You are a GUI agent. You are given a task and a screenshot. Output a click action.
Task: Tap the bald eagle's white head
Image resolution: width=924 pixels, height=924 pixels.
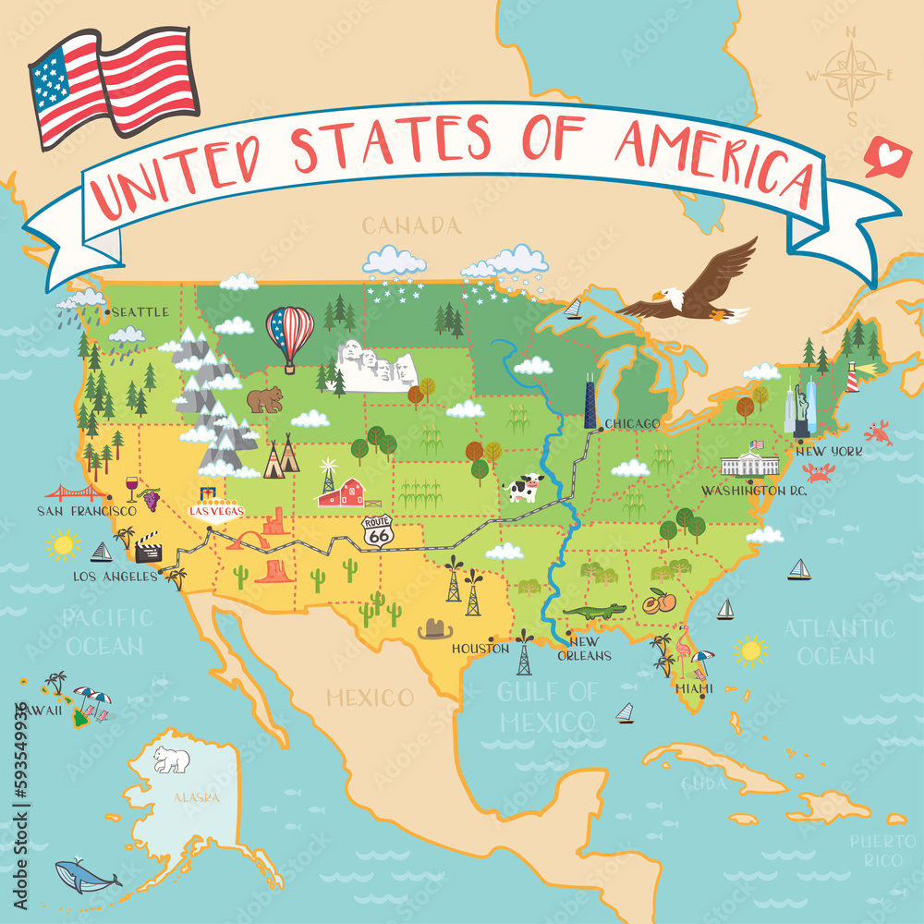(x=671, y=298)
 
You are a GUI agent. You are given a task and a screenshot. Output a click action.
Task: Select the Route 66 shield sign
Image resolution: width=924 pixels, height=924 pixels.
(x=376, y=529)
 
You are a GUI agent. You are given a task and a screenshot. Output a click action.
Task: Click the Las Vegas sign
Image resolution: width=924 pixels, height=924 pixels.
(x=216, y=507)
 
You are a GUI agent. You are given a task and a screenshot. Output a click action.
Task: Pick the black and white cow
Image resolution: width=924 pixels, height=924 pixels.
(x=524, y=487)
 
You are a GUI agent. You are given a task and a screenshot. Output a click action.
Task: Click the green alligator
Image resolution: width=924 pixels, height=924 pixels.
(x=593, y=612)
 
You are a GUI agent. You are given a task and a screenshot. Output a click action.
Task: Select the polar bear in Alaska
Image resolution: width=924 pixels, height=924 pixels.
(x=172, y=760)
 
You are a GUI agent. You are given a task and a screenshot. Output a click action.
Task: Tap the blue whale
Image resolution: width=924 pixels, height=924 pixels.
(x=85, y=873)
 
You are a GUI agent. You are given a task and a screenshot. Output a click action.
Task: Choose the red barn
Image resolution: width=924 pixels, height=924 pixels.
(x=341, y=492)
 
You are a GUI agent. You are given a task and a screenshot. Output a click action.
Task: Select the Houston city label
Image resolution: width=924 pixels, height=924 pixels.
(x=480, y=649)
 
